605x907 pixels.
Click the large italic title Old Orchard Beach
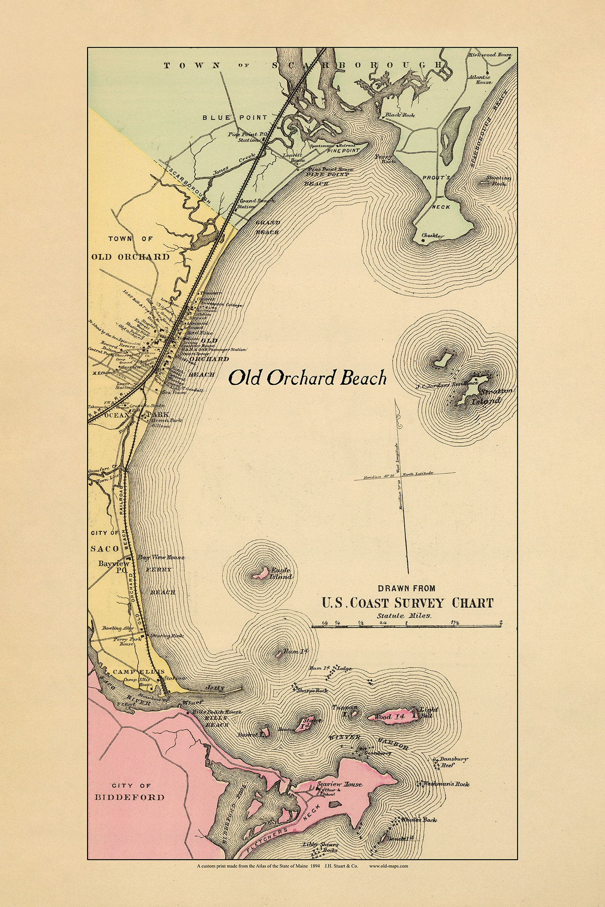307,378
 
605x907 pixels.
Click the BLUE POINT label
235,117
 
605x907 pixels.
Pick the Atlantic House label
483,79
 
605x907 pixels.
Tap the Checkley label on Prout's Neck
433,236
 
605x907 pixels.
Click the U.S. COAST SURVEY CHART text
407,603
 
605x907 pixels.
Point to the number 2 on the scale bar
501,622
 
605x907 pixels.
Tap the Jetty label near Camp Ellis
215,688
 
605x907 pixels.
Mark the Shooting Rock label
498,180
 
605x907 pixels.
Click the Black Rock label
400,115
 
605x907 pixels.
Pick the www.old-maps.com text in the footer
389,866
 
